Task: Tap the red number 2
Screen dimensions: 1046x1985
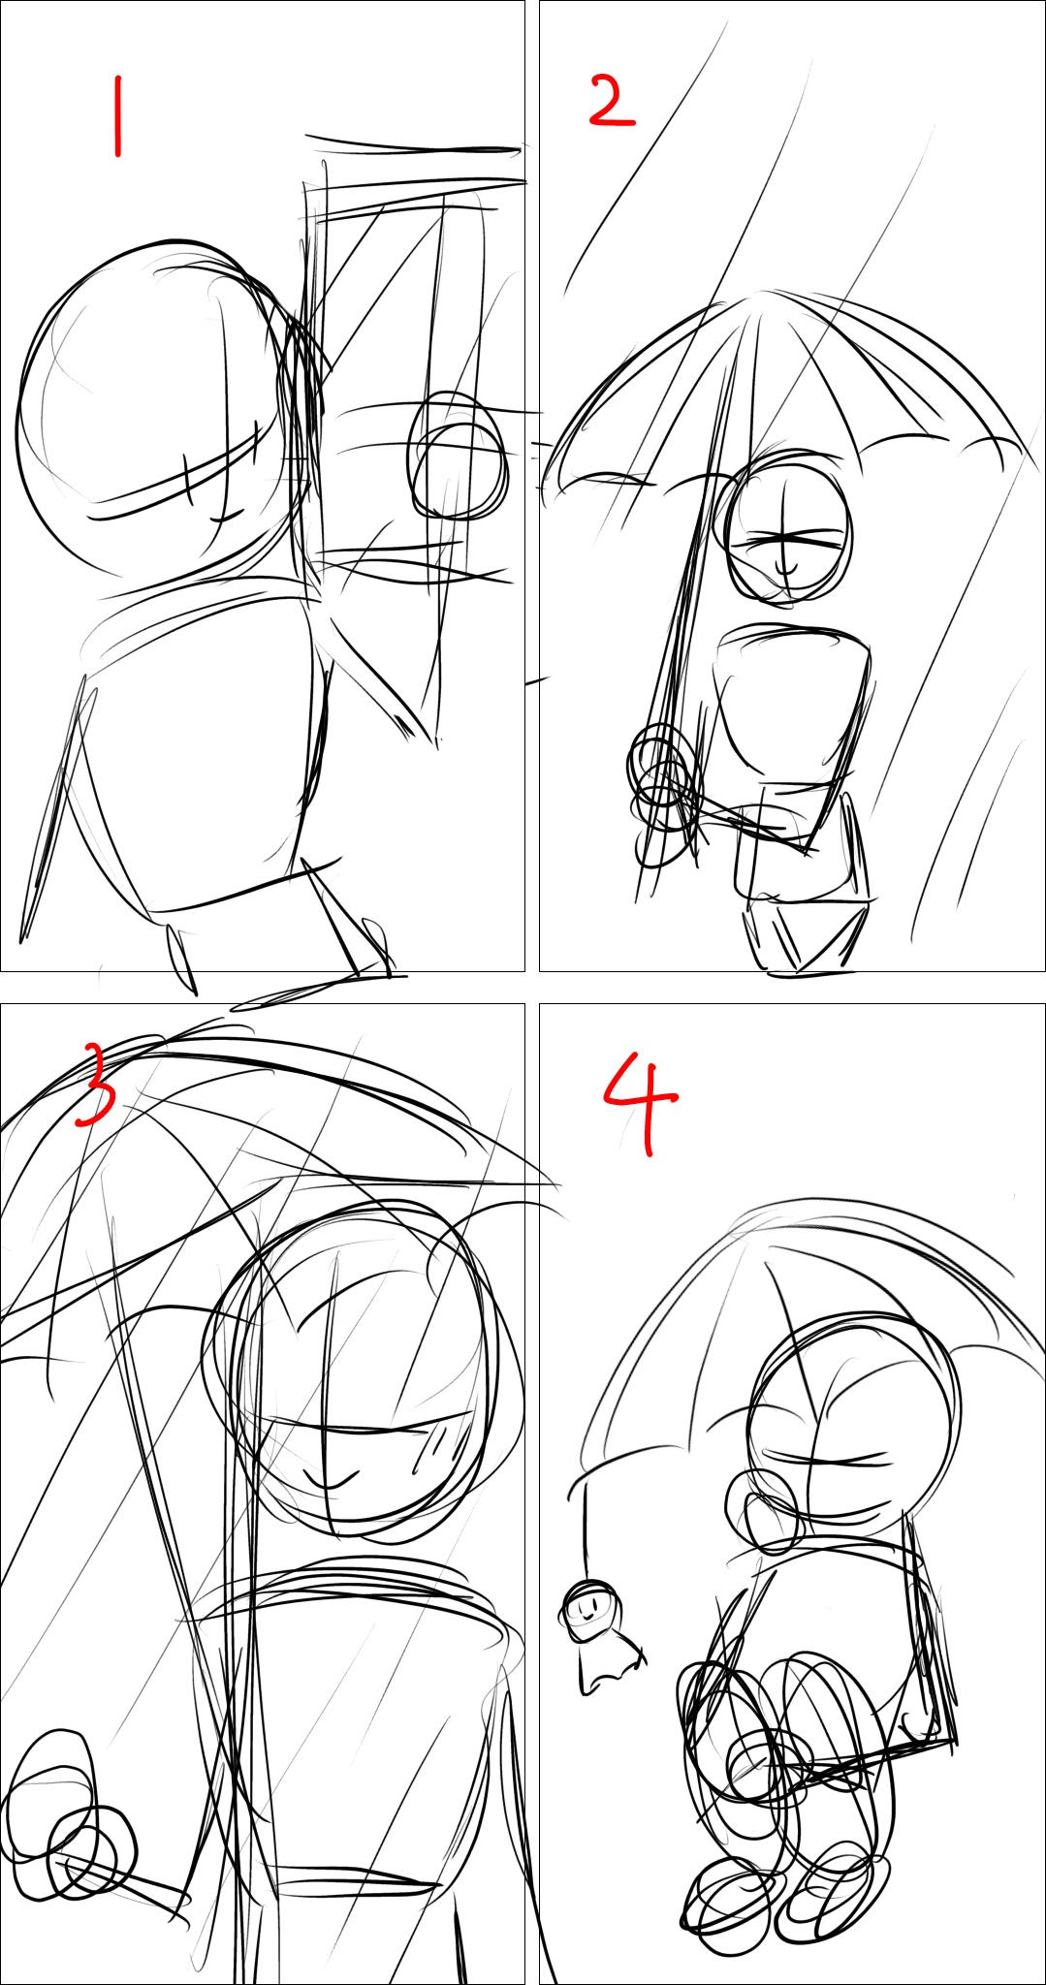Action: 611,103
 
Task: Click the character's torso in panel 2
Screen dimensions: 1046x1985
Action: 791,703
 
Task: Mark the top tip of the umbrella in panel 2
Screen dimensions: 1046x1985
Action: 766,291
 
